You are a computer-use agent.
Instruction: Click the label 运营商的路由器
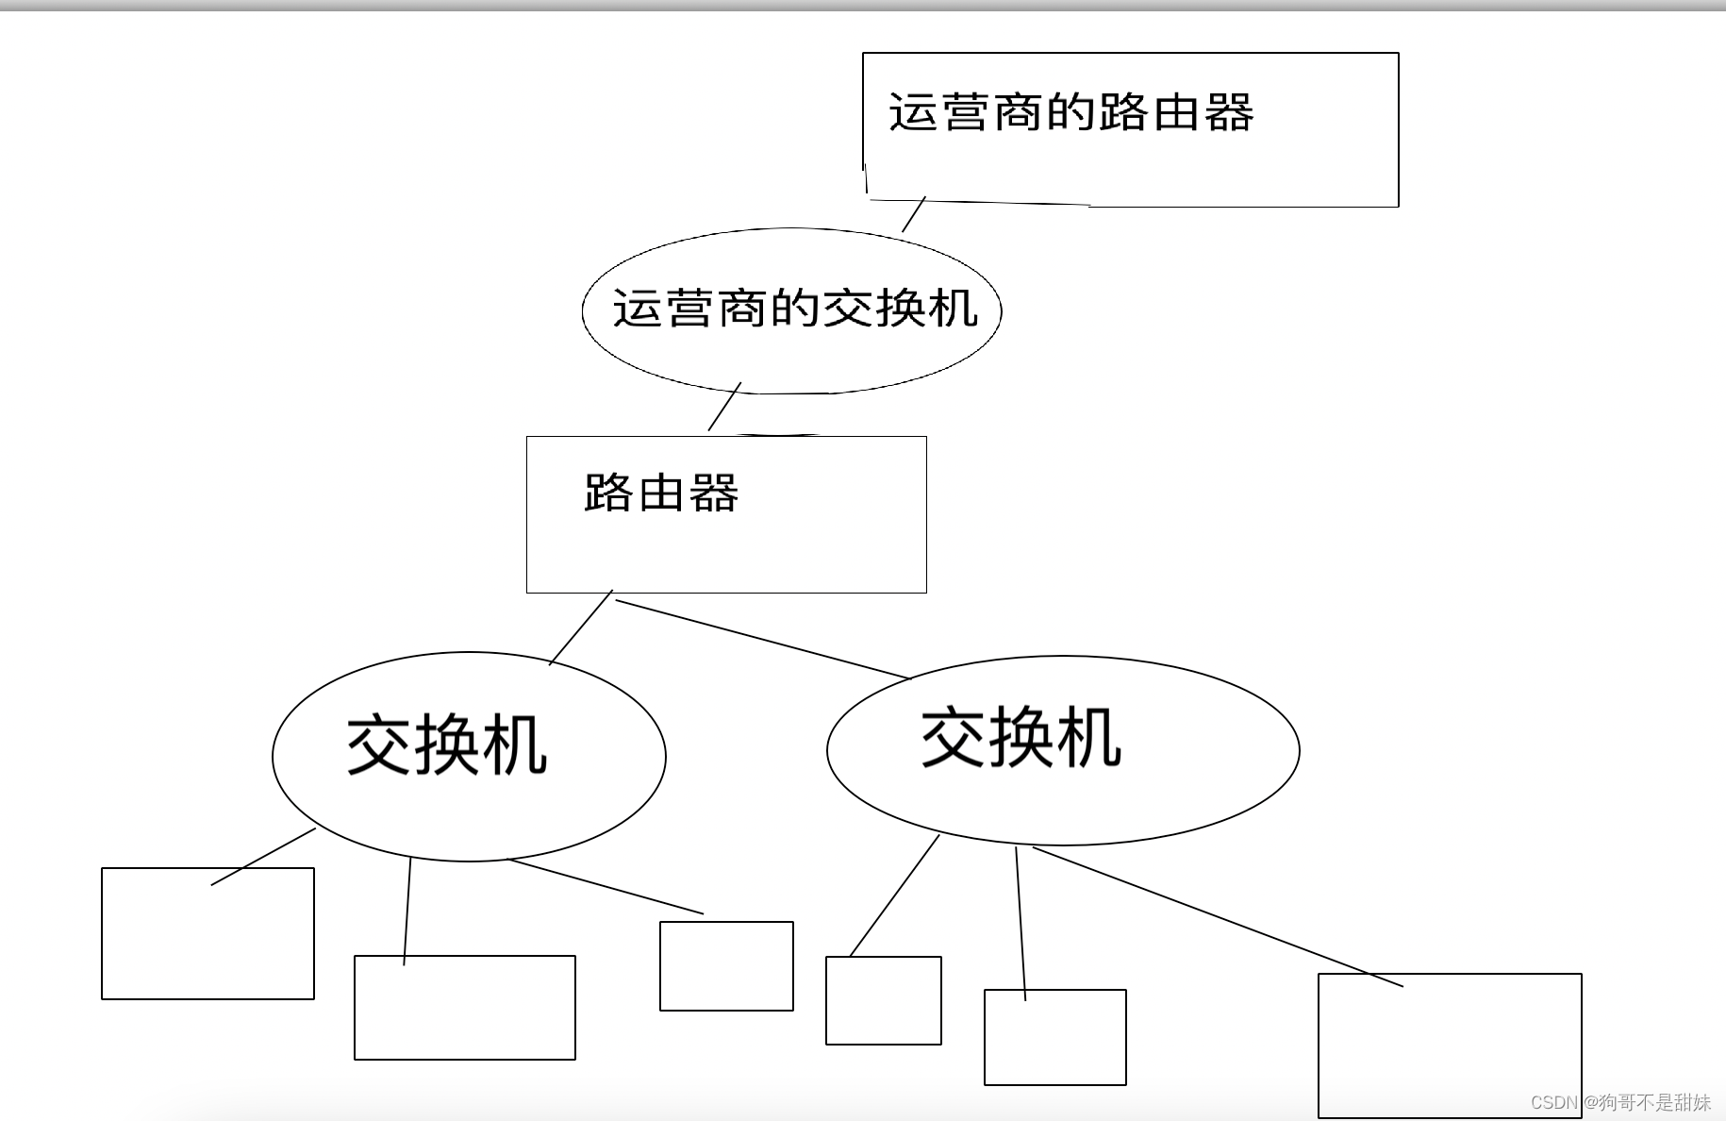tap(1070, 112)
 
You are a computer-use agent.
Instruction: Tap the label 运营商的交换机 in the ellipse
tap(795, 309)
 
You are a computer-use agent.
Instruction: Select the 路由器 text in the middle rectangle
tap(660, 493)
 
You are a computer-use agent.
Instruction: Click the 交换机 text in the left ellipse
tap(447, 745)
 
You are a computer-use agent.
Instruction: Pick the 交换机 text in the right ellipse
tap(1021, 737)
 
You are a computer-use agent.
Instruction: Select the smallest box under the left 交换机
tap(726, 966)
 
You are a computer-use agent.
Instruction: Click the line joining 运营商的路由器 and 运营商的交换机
tap(914, 214)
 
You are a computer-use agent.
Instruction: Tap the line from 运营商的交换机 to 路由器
tap(724, 407)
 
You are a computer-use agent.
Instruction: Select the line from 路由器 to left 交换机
tap(581, 628)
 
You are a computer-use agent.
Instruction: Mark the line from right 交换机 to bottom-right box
tap(1217, 916)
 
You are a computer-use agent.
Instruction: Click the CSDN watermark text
tap(1620, 1102)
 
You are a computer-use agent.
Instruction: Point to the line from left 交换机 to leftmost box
tap(263, 857)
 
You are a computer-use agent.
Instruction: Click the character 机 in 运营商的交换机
tap(953, 309)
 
